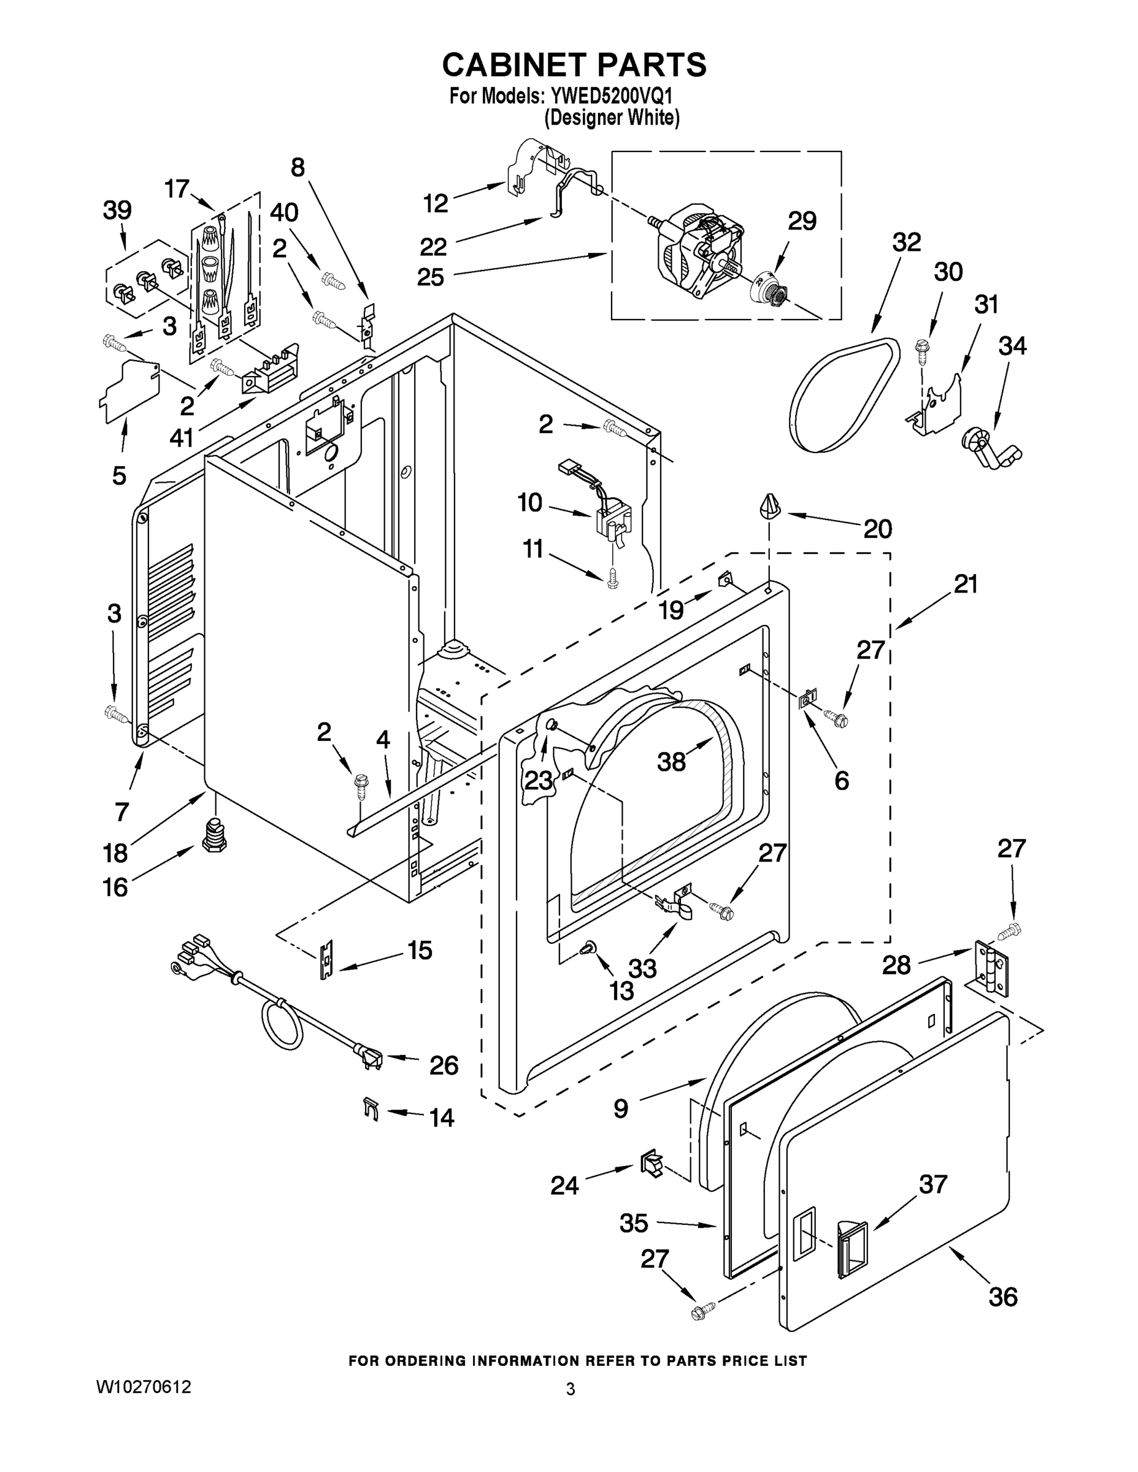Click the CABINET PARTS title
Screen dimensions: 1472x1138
tap(574, 64)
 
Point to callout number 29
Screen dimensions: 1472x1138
tap(802, 221)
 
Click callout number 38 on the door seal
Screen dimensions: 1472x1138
tap(672, 762)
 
